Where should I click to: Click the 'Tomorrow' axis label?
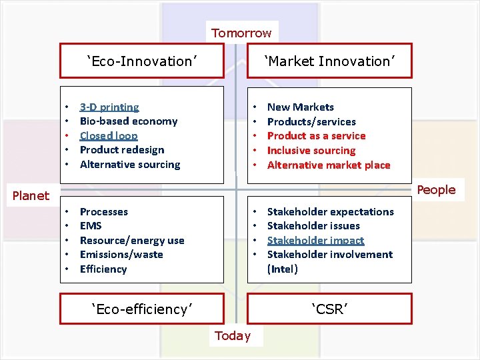241,33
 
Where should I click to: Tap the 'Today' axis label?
233,336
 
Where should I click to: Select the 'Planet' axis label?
31,195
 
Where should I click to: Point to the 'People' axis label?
436,190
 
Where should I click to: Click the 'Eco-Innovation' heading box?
142,61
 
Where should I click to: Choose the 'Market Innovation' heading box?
330,61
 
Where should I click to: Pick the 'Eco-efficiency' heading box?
142,309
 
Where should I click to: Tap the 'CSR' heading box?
330,309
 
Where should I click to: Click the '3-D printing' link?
109,107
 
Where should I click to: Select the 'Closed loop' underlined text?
109,135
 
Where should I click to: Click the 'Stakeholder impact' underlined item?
315,240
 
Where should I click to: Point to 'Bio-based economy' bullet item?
129,121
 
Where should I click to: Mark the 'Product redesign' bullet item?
122,150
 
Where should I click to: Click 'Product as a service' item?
316,136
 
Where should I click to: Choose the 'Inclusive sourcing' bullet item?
311,151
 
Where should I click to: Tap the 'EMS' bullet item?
91,226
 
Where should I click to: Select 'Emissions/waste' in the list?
121,255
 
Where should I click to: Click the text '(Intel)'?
283,269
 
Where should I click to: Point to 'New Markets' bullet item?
301,107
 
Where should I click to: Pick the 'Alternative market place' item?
329,165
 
